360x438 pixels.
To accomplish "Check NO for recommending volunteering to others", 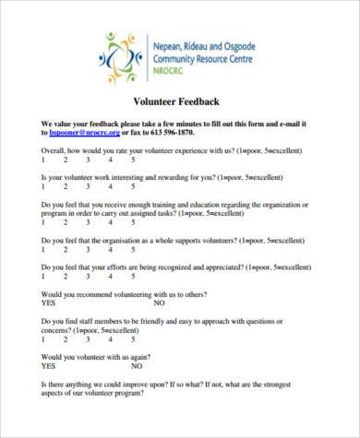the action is tap(159, 302).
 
